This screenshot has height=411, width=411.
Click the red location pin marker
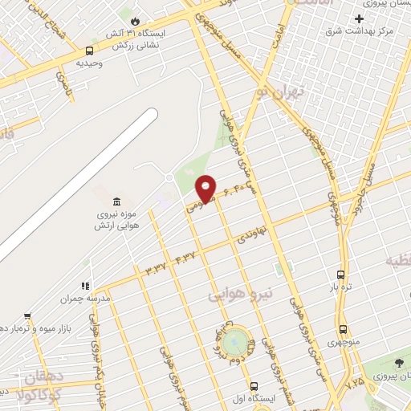click(x=206, y=188)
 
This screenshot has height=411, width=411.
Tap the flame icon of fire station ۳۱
click(x=135, y=20)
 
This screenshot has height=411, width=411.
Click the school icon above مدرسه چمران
click(x=83, y=286)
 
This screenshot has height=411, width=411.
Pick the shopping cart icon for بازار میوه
click(x=27, y=315)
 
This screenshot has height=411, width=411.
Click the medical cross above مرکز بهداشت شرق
click(x=360, y=18)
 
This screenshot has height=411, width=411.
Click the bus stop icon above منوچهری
click(x=344, y=329)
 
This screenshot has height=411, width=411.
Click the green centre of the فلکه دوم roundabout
click(x=234, y=342)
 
